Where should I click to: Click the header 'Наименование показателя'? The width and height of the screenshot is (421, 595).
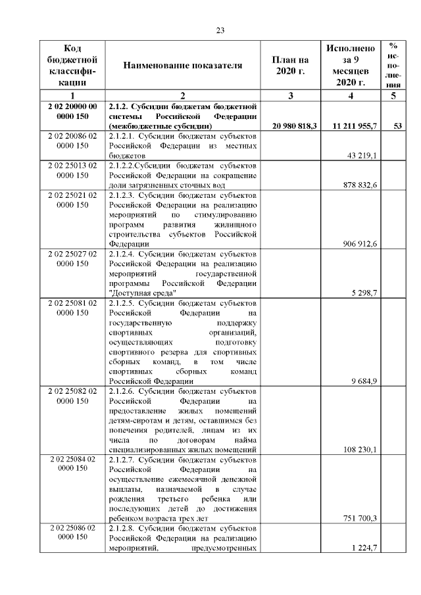click(x=182, y=65)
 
